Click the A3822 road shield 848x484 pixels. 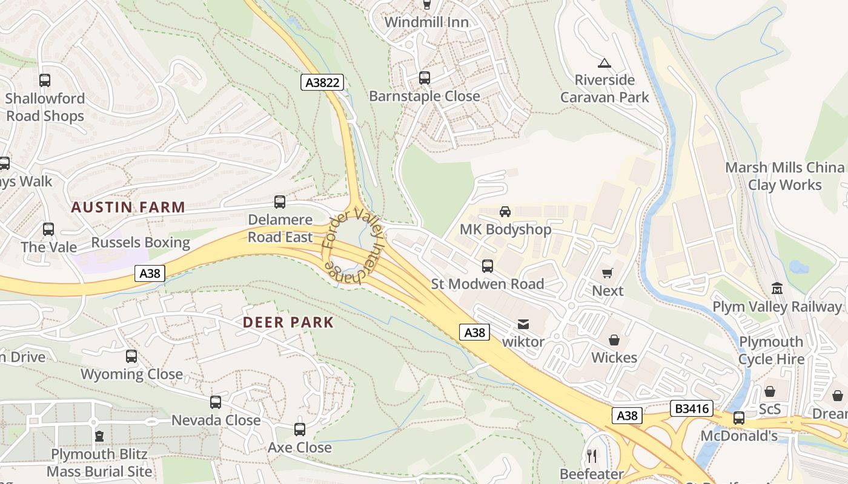click(322, 82)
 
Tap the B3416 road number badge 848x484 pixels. click(691, 409)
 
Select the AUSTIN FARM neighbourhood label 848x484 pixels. click(128, 208)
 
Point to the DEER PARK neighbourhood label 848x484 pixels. click(288, 322)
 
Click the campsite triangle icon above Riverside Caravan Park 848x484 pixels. click(604, 63)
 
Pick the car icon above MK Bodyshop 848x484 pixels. click(505, 212)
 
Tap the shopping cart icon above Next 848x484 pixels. click(608, 273)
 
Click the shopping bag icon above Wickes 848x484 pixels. click(614, 340)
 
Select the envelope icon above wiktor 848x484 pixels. click(523, 325)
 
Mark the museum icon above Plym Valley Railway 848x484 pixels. click(777, 289)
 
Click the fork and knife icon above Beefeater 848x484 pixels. click(592, 456)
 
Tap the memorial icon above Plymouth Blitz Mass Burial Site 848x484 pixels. click(99, 436)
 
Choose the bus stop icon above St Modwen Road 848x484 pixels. click(487, 266)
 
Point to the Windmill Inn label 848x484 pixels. click(426, 22)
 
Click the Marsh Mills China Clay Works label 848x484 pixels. click(784, 176)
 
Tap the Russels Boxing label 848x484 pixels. click(141, 243)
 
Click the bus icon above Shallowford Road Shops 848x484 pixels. click(44, 80)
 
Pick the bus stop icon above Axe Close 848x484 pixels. click(300, 430)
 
